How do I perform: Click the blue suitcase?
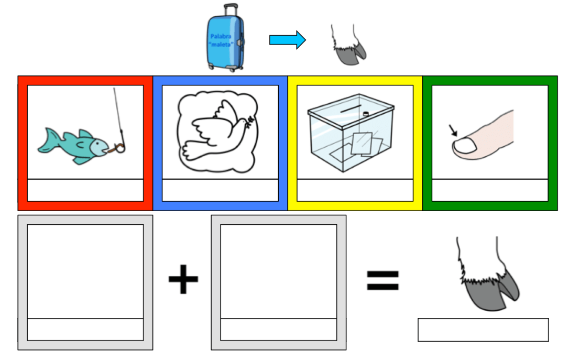[x=225, y=42]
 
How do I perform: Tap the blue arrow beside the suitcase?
[x=287, y=40]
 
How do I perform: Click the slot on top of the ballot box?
[x=348, y=111]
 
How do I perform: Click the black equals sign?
[x=382, y=280]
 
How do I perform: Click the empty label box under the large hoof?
[x=483, y=330]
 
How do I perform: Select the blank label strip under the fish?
[x=85, y=190]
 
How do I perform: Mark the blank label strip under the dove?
[x=220, y=190]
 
